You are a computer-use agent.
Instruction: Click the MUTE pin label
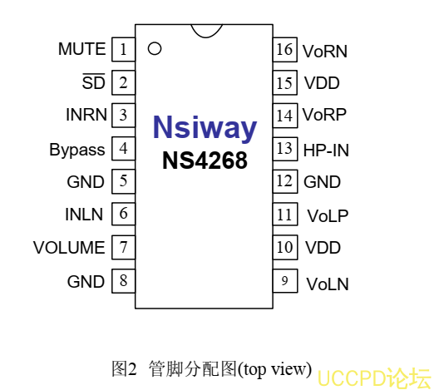coord(82,49)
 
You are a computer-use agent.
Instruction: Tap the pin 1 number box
coord(123,49)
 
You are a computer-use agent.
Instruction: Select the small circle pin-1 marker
coord(155,48)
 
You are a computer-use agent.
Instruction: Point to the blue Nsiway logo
coord(205,127)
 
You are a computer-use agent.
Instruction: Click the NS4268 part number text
coord(205,160)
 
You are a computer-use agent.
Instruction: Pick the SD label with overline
coord(94,81)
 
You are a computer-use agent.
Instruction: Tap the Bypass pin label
coord(77,150)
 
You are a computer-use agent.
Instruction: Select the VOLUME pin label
coord(69,247)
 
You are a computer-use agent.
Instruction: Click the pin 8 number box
coord(123,281)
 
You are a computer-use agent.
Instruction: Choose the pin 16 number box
coord(285,49)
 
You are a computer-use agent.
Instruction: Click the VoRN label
coord(325,52)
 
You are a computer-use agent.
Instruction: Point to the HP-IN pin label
coord(326,151)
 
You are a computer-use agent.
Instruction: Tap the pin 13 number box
coord(285,149)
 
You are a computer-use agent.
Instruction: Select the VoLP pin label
coord(328,216)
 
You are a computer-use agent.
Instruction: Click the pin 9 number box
coord(285,281)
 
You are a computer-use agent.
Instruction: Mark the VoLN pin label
coord(328,284)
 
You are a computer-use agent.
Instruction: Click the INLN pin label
coord(84,215)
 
